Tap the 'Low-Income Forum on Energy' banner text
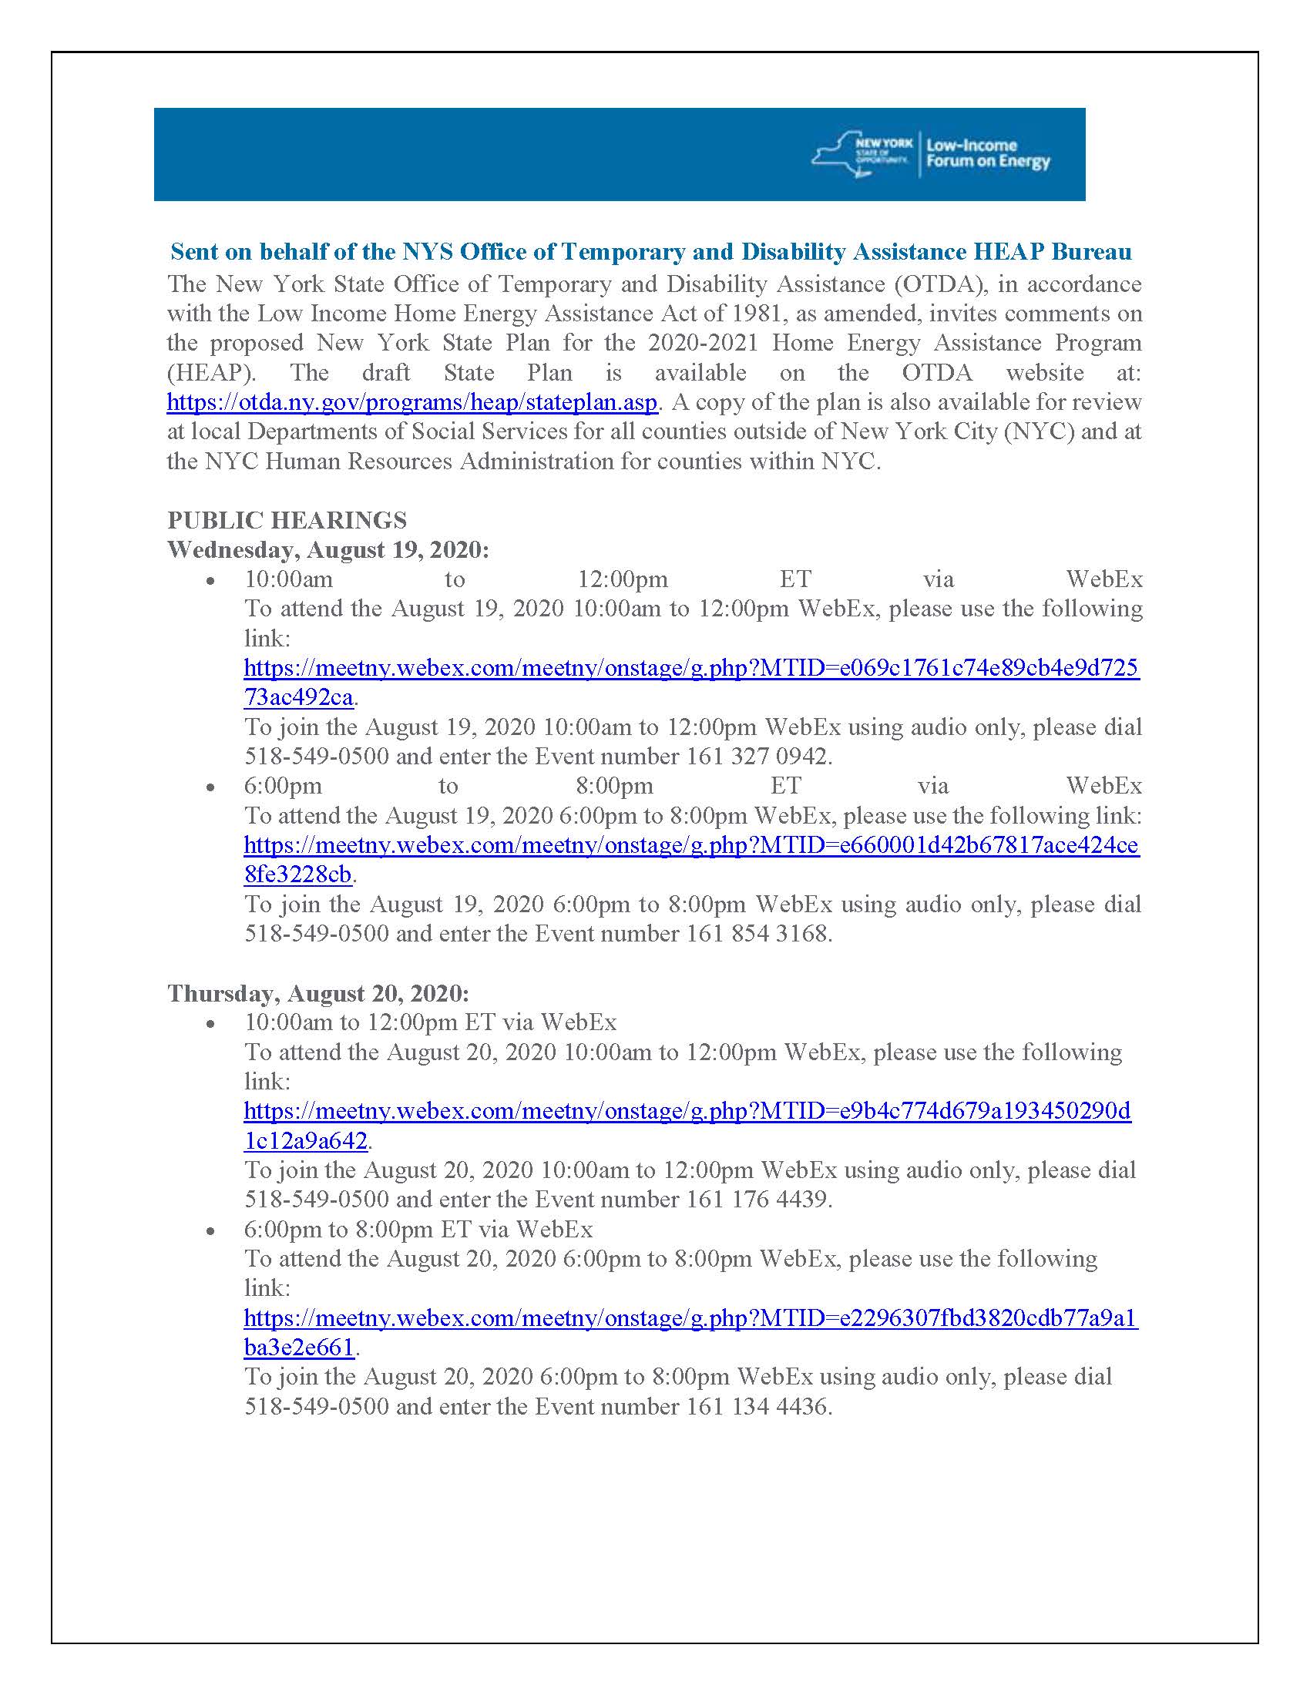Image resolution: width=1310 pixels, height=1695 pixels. [987, 153]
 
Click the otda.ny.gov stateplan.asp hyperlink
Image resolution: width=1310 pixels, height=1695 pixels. [412, 402]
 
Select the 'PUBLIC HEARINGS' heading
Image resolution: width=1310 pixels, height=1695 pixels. [287, 520]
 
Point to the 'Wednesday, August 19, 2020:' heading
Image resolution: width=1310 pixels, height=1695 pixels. [328, 549]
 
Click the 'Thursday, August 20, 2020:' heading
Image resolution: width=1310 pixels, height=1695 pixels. [318, 993]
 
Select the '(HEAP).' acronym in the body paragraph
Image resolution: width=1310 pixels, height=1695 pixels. [211, 373]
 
